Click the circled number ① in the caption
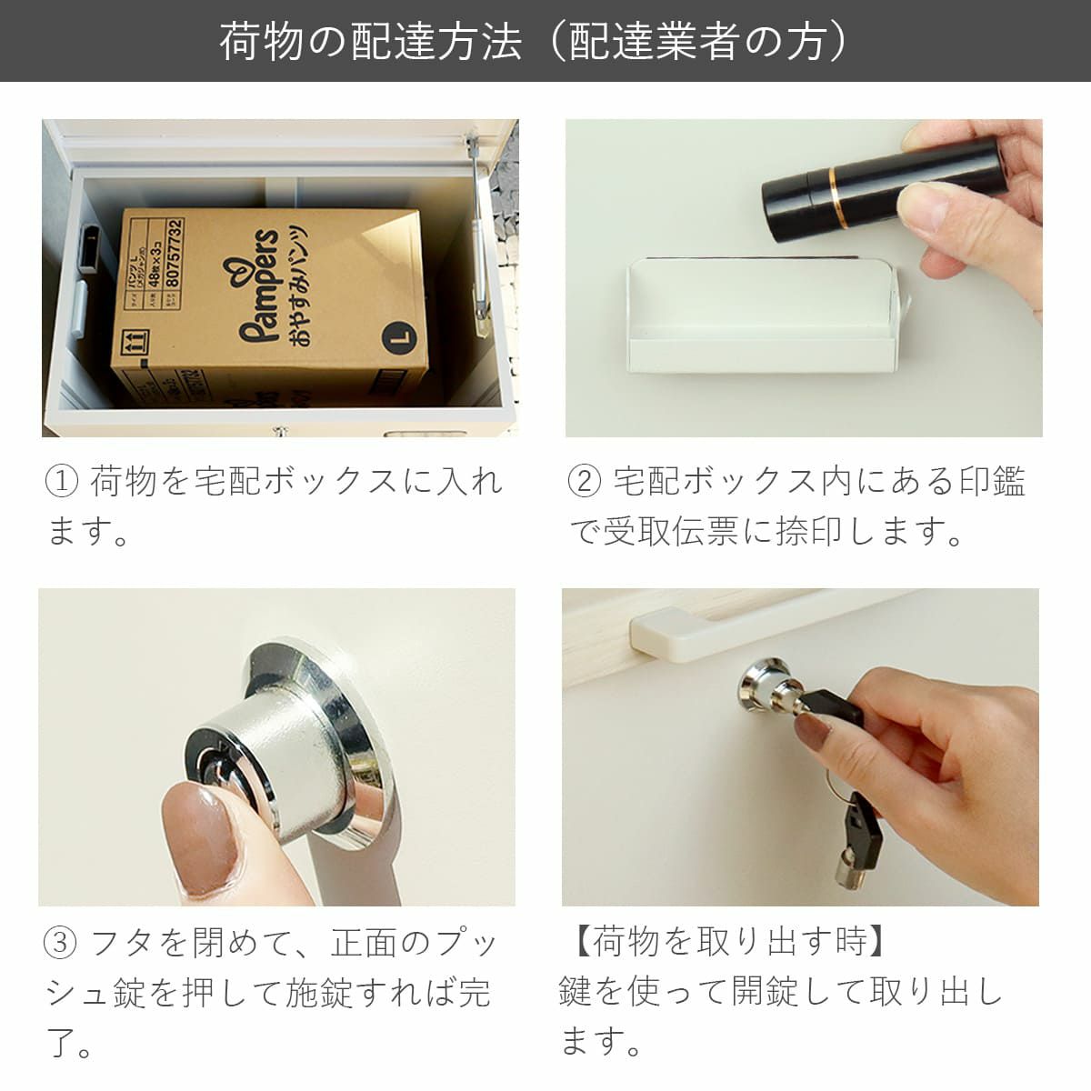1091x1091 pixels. pyautogui.click(x=62, y=481)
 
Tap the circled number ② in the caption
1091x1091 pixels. pyautogui.click(x=585, y=481)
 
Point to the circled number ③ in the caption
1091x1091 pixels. pyautogui.click(x=61, y=943)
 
